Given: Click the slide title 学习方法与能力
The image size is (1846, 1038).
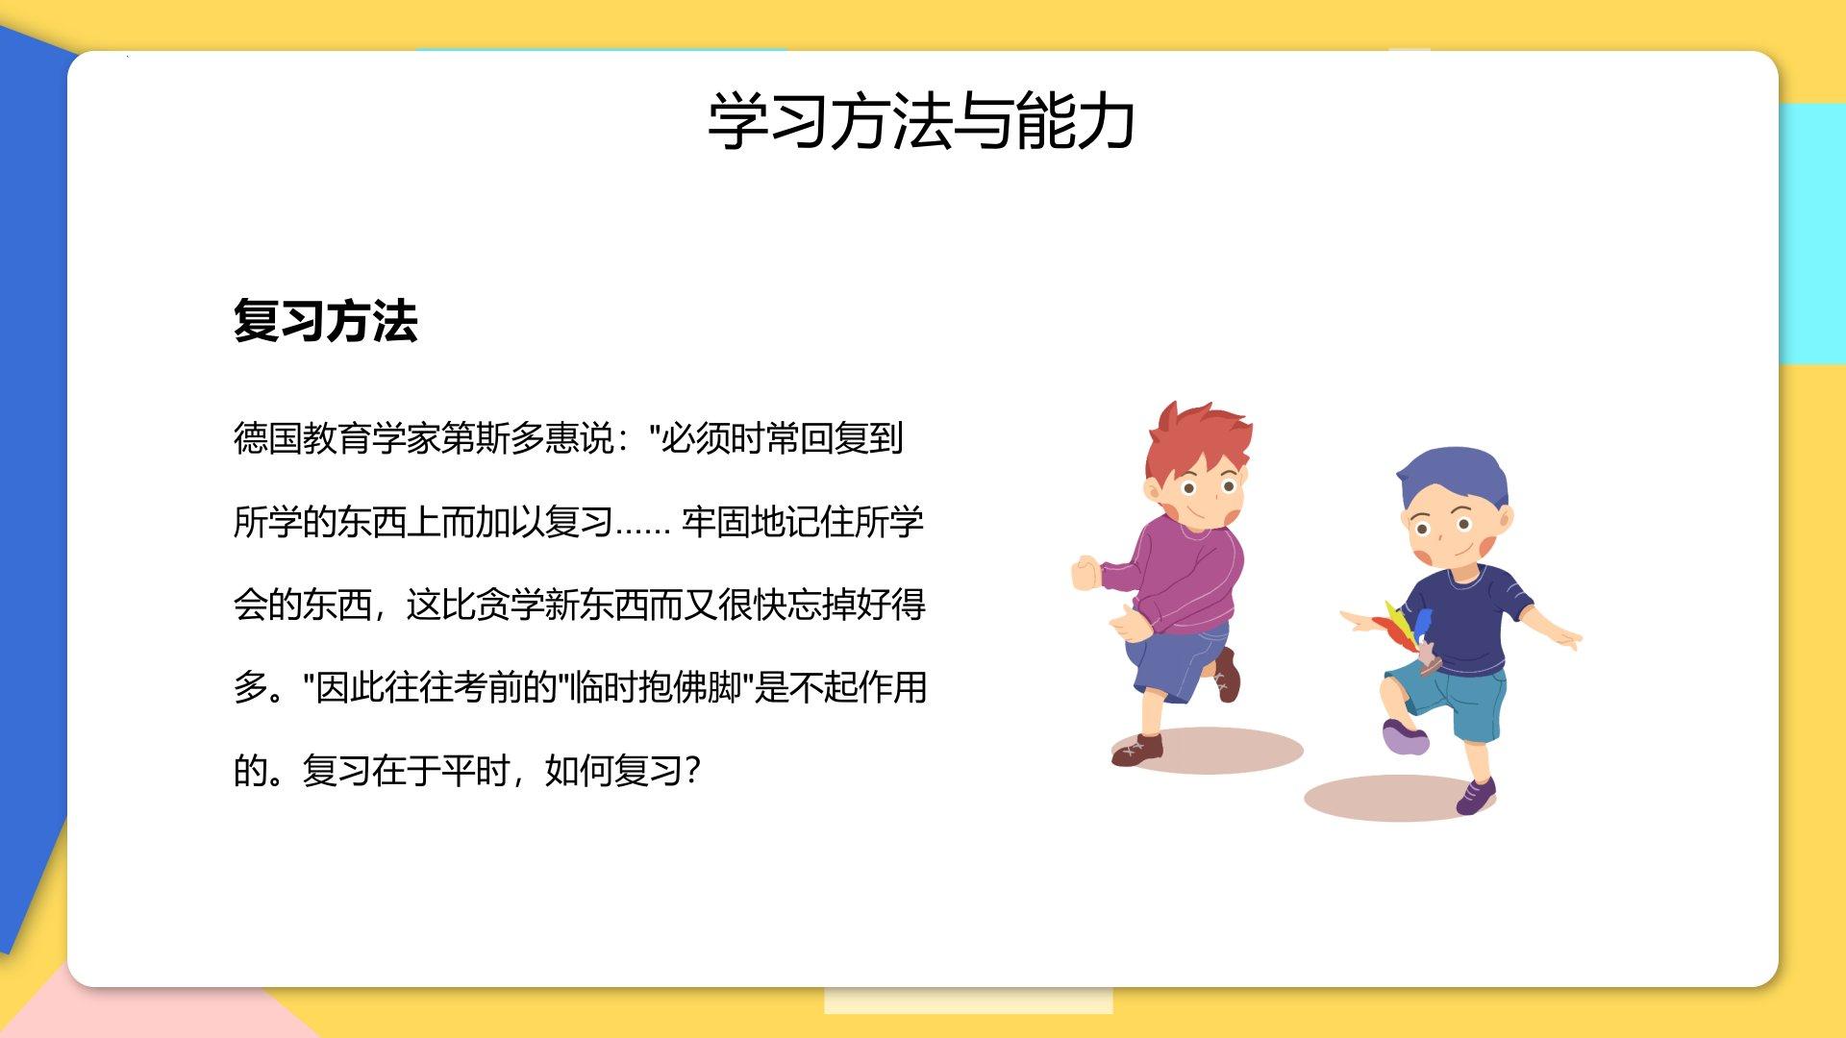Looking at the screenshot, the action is tap(921, 122).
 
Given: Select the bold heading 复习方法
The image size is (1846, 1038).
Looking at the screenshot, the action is tap(326, 321).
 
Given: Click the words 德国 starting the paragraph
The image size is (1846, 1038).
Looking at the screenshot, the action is tap(268, 438).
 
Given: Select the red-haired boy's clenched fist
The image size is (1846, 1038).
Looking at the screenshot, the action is tap(1086, 573).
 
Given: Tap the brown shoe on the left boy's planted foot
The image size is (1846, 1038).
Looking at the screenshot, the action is tap(1138, 750).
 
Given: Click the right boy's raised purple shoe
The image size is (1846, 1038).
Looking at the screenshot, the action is tap(1404, 738).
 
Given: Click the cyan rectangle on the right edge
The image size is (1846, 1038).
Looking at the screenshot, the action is tap(1811, 234).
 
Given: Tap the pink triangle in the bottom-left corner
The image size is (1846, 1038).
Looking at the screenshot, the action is tap(144, 1009).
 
